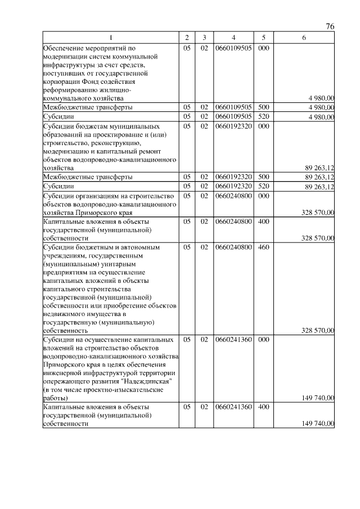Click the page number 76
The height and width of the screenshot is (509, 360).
click(x=330, y=26)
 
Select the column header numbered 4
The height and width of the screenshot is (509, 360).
click(x=233, y=38)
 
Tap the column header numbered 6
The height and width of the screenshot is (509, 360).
click(x=304, y=38)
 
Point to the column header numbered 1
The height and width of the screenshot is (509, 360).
click(x=111, y=38)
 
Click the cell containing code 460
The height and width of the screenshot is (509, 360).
click(x=263, y=247)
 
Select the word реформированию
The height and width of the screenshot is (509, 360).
click(x=71, y=89)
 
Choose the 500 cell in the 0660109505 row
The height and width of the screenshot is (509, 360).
click(x=263, y=106)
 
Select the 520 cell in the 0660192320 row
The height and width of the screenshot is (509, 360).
click(x=263, y=186)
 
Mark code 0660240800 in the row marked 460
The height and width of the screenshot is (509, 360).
click(x=233, y=247)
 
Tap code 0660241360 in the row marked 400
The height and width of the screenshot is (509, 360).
click(x=233, y=406)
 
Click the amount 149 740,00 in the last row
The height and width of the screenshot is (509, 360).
click(x=318, y=424)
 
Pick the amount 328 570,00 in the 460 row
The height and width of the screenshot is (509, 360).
click(x=318, y=331)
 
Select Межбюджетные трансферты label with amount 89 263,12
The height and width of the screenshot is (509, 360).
click(x=88, y=177)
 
